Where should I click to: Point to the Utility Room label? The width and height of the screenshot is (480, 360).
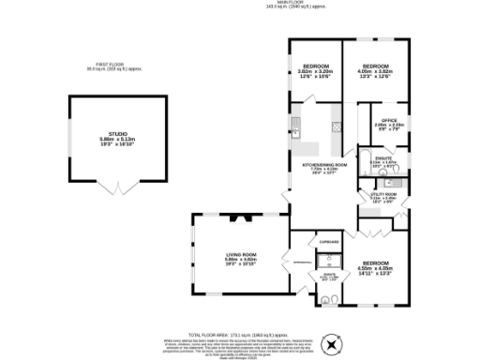point(383,196)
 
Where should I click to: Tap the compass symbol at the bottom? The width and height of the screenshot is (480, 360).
point(330,345)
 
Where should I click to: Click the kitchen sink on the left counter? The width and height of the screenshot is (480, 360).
point(295,129)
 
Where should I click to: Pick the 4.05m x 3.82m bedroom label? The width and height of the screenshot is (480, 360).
point(374,70)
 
